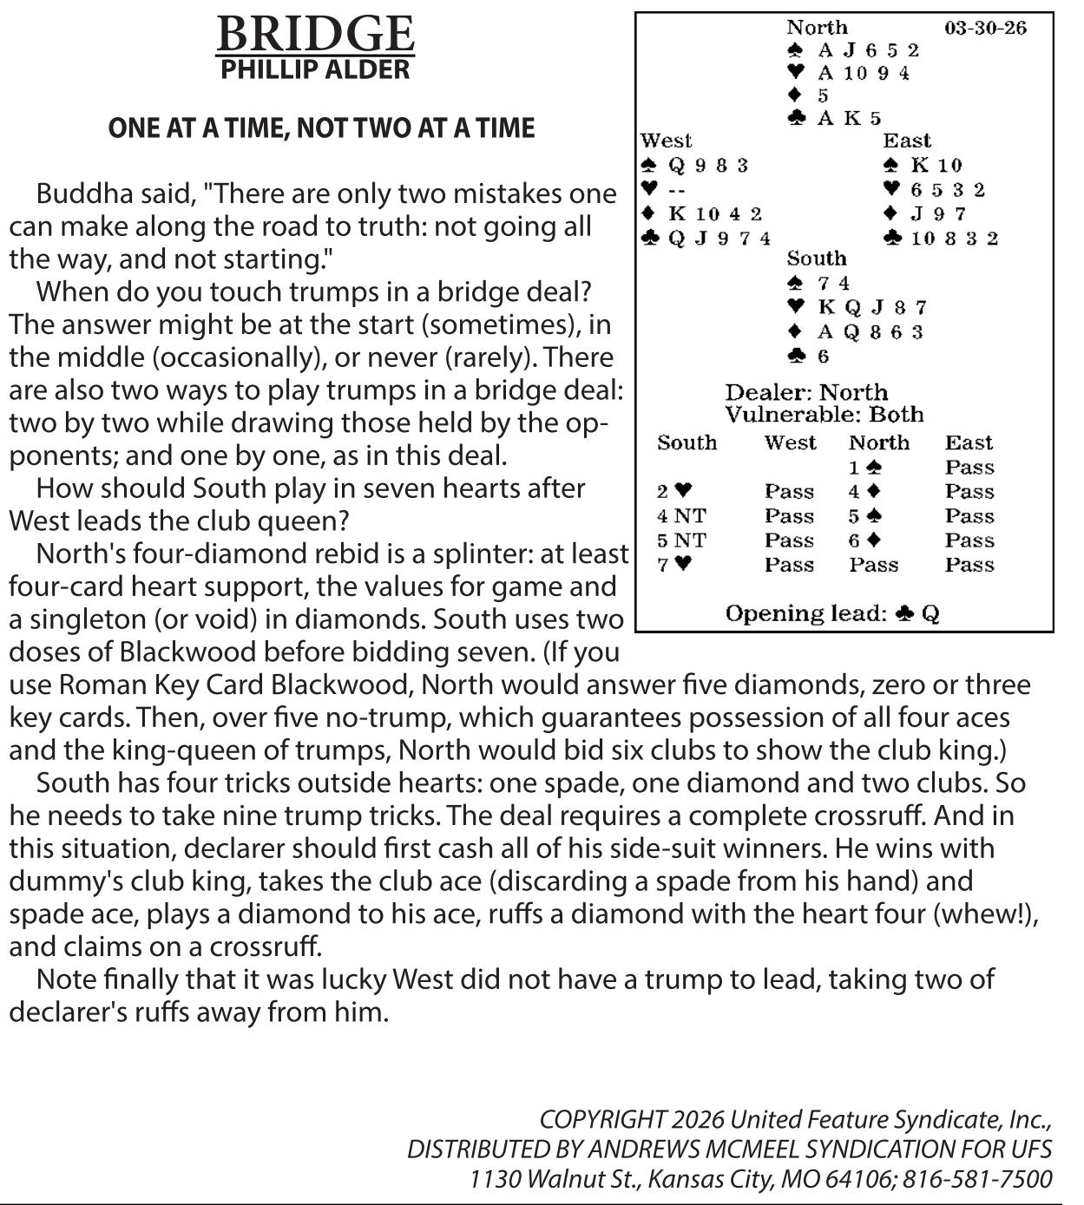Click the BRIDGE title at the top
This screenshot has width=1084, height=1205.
coord(314,35)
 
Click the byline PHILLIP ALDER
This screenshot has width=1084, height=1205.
coord(314,69)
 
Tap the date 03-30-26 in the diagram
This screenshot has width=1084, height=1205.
coord(985,28)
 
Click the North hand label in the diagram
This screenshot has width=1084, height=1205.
coord(817,28)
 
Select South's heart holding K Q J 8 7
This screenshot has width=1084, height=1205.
coord(871,307)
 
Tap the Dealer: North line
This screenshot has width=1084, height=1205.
coord(806,392)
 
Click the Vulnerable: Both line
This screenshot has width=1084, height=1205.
coord(824,415)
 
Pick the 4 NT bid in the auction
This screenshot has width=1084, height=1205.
coord(681,516)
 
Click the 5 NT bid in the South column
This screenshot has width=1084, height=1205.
coord(681,540)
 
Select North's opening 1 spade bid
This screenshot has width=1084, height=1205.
coord(865,468)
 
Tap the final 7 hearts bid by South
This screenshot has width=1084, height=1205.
coord(674,565)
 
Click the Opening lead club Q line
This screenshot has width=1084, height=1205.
coord(832,614)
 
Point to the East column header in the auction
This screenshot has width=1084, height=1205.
coord(969,443)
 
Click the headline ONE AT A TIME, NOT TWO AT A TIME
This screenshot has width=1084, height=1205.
coord(321,128)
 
